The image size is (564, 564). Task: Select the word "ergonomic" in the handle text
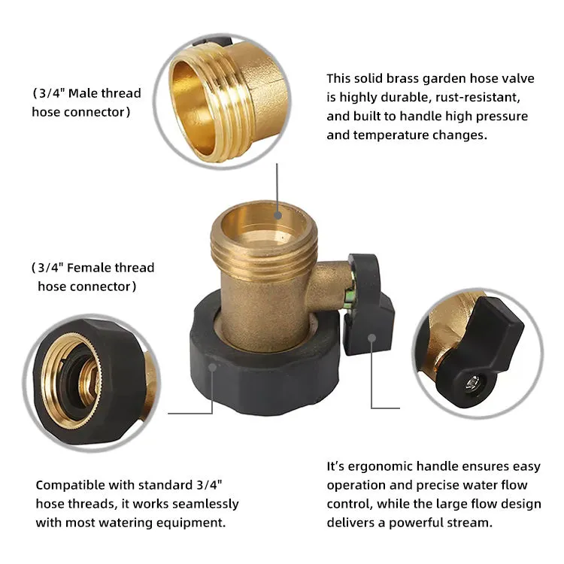tap(381, 467)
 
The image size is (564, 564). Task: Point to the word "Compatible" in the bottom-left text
tap(70, 486)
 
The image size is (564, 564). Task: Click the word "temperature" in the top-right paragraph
tap(391, 135)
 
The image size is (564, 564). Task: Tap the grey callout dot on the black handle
tap(372, 338)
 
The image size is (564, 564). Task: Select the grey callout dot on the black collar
tap(213, 367)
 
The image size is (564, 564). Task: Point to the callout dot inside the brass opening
tap(277, 216)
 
